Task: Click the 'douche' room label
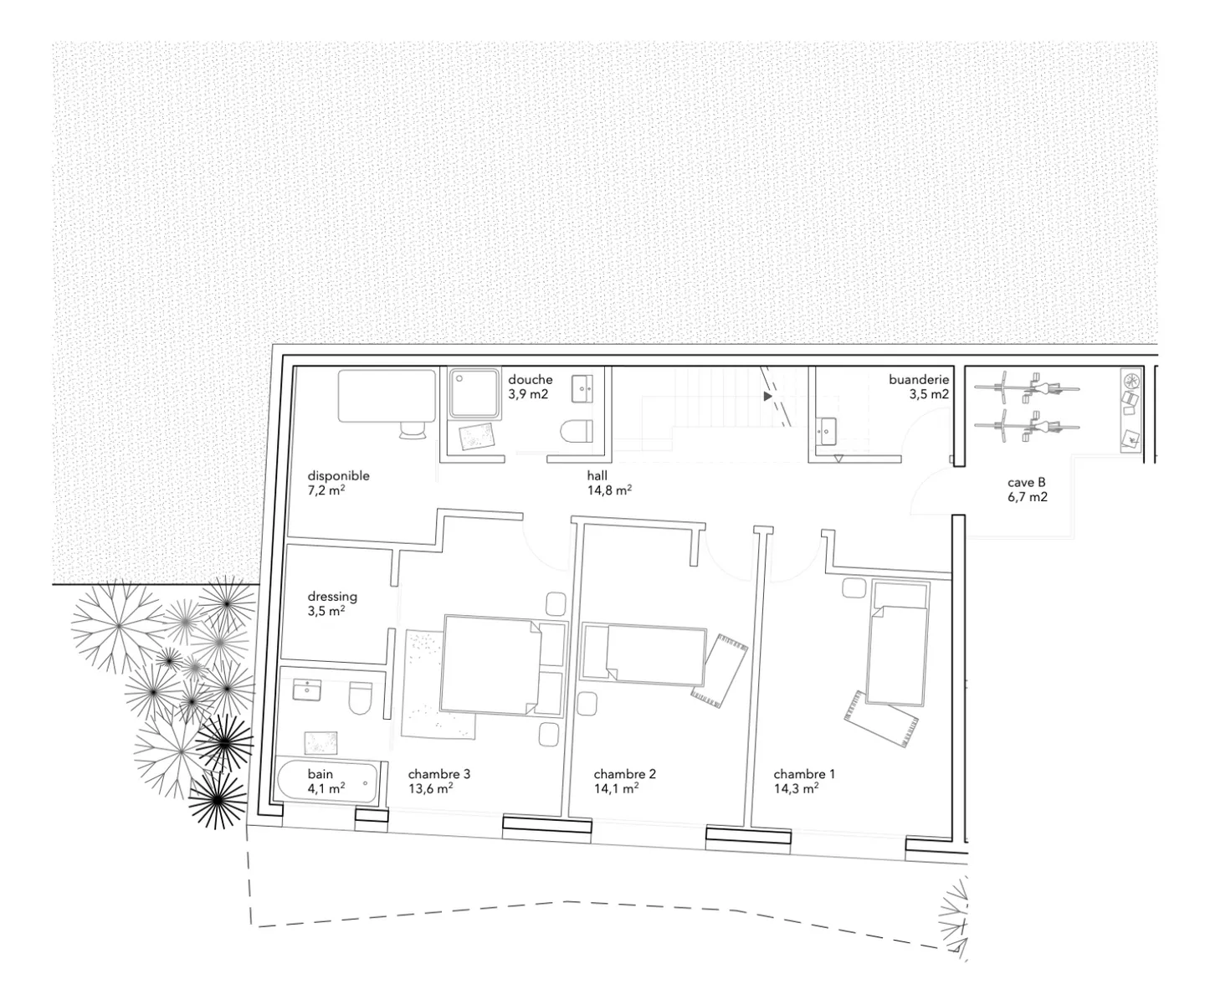tap(530, 380)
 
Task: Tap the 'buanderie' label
tap(919, 380)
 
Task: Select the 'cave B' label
tap(1026, 482)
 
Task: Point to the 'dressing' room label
tap(332, 597)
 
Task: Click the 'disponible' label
tap(338, 476)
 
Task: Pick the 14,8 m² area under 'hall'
tap(609, 490)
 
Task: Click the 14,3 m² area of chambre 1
tap(796, 788)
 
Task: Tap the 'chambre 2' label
tap(624, 774)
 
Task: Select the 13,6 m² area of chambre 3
tap(430, 788)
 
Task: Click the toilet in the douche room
tap(577, 430)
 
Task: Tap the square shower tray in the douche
tap(474, 393)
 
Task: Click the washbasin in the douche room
tap(582, 388)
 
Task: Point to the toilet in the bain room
tap(361, 699)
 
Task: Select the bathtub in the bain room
tap(328, 782)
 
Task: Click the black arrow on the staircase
tap(767, 397)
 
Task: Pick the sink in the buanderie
tap(826, 430)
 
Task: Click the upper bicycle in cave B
tap(1027, 388)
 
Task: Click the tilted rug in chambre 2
tap(719, 671)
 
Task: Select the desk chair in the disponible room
tap(413, 430)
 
